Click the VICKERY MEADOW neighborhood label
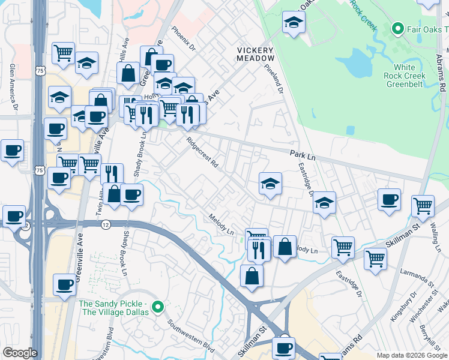[255, 54]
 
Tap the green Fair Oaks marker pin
[397, 28]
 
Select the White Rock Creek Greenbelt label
[409, 76]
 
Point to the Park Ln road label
[303, 155]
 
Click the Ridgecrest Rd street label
[202, 154]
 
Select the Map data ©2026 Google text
[411, 355]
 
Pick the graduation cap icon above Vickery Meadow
[293, 22]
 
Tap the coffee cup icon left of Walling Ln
[389, 199]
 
